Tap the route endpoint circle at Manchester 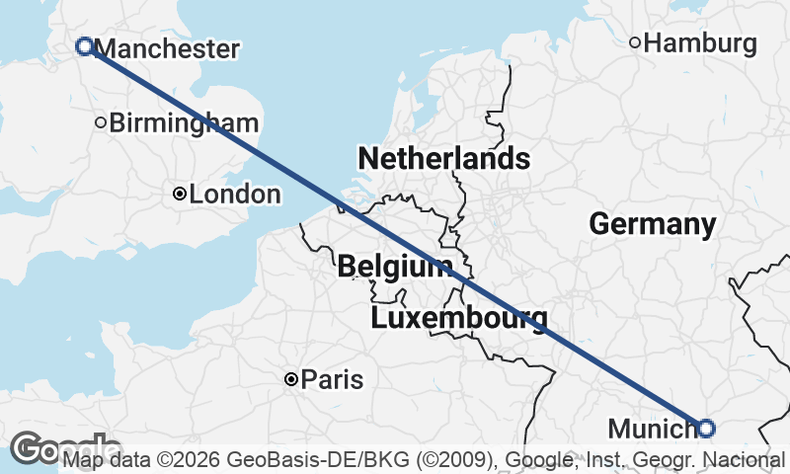tap(85, 45)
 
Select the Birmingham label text tap(185, 123)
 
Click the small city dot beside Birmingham tap(101, 123)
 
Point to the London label tap(235, 195)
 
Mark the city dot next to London tap(179, 195)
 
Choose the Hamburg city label tap(706, 43)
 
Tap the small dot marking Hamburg tap(636, 42)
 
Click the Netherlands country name tap(443, 159)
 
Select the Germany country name tap(653, 224)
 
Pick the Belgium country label tap(395, 267)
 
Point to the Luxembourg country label tap(459, 318)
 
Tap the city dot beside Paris tap(291, 379)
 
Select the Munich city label tap(652, 429)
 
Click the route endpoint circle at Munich tap(705, 428)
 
